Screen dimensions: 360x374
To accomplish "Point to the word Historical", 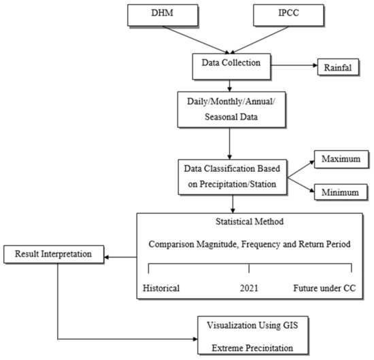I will coord(161,287).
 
